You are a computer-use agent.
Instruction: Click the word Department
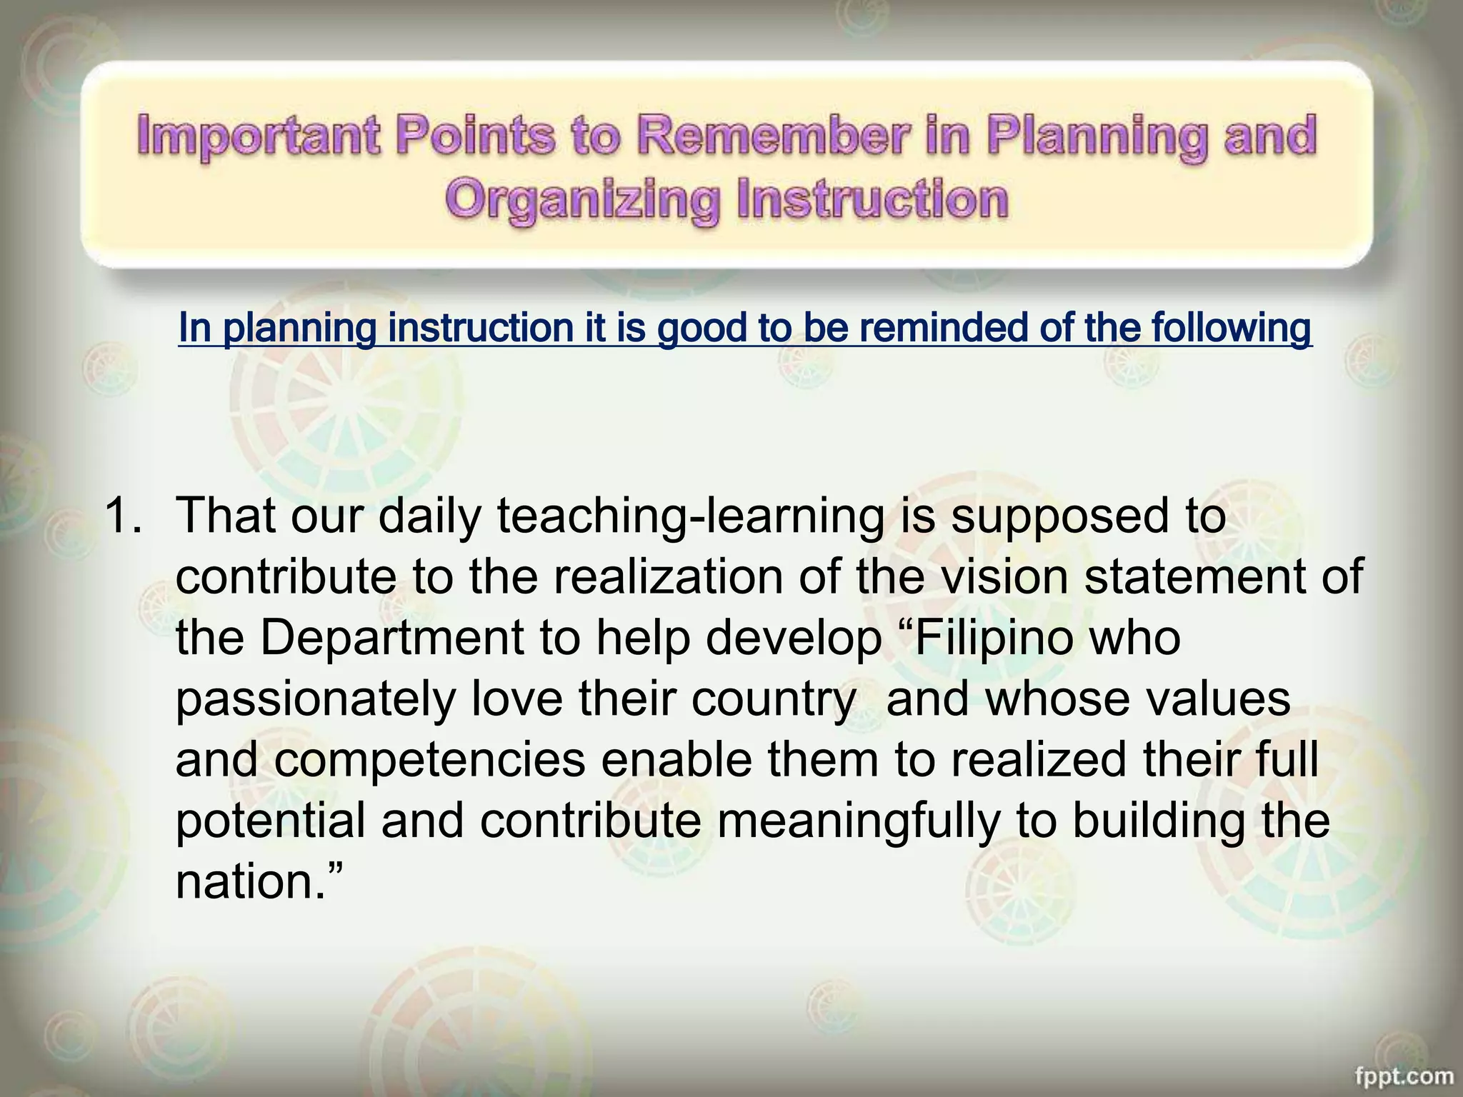391,638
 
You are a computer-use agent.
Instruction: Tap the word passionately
316,700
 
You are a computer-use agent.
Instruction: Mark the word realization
669,576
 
